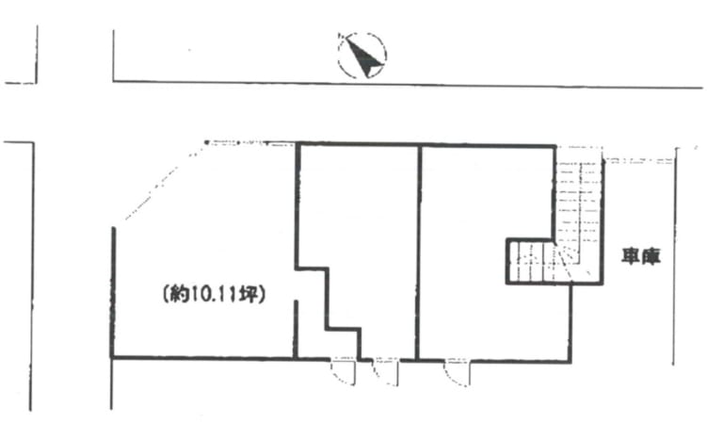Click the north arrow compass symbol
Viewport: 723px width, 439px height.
361,56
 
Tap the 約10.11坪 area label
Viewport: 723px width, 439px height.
214,295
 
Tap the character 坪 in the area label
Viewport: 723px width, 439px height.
250,295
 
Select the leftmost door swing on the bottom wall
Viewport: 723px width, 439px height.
343,371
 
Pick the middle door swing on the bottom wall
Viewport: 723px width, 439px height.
386,371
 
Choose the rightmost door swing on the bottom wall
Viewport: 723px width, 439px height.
458,371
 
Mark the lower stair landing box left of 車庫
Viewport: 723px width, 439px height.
535,261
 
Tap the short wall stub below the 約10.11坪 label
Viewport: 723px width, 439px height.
296,329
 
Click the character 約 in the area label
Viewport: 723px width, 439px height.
179,295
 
